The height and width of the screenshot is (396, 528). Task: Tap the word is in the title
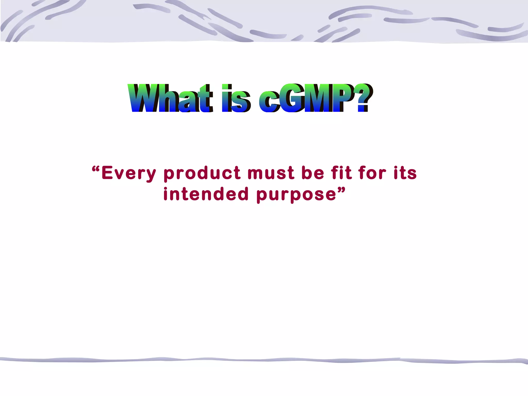click(x=236, y=98)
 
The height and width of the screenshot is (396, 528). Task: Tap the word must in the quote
click(x=271, y=173)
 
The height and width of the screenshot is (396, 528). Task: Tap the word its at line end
click(x=405, y=173)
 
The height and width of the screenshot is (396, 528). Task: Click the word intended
click(x=206, y=194)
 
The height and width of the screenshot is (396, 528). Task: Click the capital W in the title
click(x=143, y=98)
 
